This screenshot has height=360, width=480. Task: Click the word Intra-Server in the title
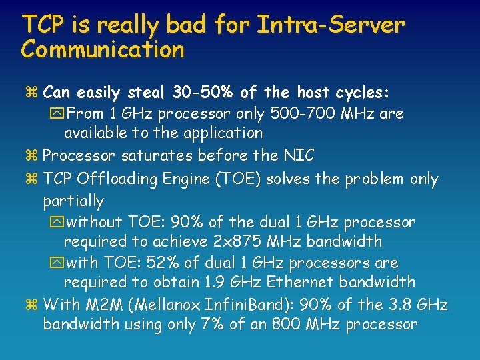(331, 25)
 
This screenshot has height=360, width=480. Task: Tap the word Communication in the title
(103, 49)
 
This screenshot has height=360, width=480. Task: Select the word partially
(73, 200)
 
